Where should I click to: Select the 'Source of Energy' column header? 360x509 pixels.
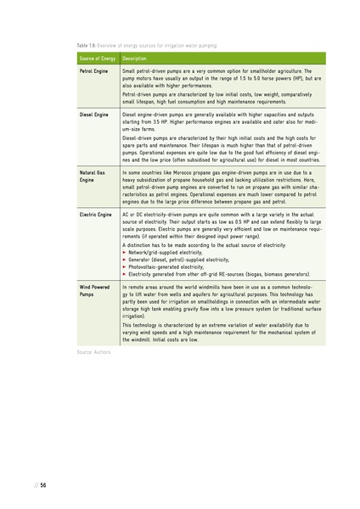(97, 58)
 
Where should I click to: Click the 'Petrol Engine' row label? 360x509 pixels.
(93, 71)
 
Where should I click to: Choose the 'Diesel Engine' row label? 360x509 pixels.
(93, 113)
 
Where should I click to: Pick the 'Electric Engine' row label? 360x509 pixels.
(95, 215)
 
